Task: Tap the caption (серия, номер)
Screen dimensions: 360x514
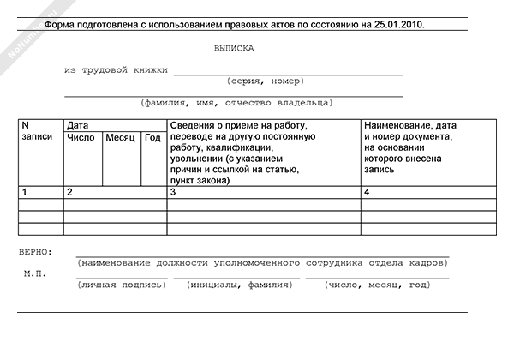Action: [x=266, y=81]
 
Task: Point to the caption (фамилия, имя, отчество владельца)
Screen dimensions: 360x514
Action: [x=236, y=103]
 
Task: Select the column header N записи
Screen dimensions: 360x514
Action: [x=36, y=131]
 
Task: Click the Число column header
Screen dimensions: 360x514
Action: [x=81, y=137]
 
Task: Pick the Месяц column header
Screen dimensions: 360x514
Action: [x=121, y=137]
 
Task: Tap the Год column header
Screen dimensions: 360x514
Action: [x=152, y=137]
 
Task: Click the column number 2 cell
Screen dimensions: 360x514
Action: [x=69, y=192]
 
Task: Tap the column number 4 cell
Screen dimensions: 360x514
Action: [x=367, y=192]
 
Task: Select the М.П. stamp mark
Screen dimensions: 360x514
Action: [x=36, y=274]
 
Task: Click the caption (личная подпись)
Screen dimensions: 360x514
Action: [x=122, y=284]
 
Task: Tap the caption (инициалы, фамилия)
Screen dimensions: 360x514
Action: [x=234, y=284]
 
